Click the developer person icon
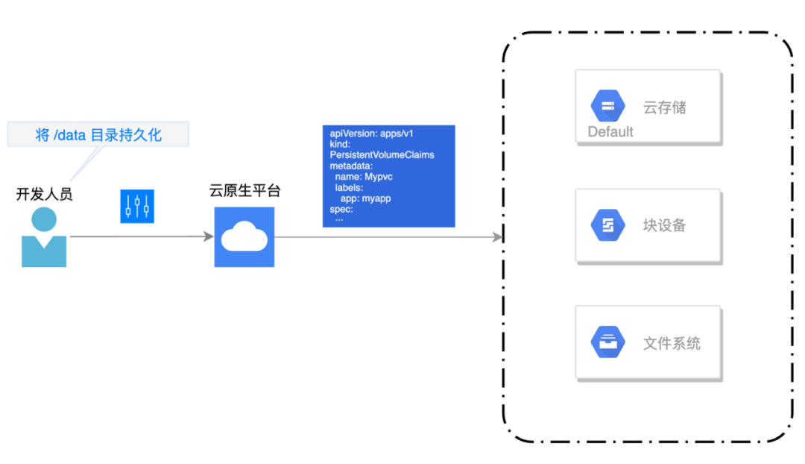click(43, 237)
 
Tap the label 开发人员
click(44, 195)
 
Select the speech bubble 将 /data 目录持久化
click(98, 135)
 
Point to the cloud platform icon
click(244, 237)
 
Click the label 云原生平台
click(244, 191)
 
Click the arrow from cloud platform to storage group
click(388, 237)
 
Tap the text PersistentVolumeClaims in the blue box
click(382, 155)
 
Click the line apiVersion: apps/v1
click(372, 134)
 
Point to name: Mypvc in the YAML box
click(364, 177)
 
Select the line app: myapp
click(366, 198)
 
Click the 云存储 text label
click(664, 107)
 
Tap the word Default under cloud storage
click(610, 132)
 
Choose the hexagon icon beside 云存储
click(608, 106)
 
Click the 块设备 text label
click(664, 225)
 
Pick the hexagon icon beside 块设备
click(608, 225)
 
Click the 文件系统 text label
click(672, 344)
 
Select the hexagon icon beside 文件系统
click(608, 343)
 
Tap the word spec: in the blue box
click(341, 209)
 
